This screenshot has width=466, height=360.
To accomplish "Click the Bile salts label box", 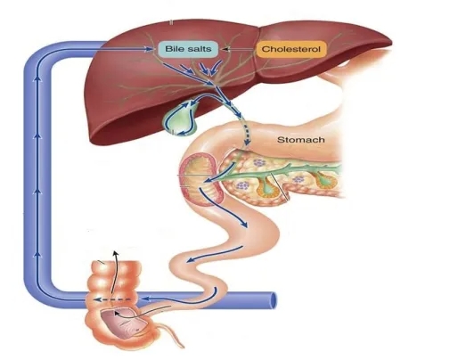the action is pyautogui.click(x=188, y=49).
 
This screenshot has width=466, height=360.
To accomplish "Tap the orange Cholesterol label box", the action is pyautogui.click(x=291, y=49).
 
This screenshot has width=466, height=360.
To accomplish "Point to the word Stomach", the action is pyautogui.click(x=301, y=140).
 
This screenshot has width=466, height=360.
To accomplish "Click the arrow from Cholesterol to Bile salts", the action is pyautogui.click(x=240, y=49).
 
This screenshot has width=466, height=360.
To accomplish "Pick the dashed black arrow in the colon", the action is pyautogui.click(x=112, y=299).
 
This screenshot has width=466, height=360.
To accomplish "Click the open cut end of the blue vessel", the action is pyautogui.click(x=274, y=301).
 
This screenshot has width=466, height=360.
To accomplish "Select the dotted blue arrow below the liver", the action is pyautogui.click(x=245, y=131).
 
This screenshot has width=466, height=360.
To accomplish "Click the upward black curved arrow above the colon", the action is pyautogui.click(x=114, y=275).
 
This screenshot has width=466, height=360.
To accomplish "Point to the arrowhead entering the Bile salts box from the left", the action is pyautogui.click(x=149, y=49).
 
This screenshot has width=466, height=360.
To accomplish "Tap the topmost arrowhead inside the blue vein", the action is pyautogui.click(x=37, y=78).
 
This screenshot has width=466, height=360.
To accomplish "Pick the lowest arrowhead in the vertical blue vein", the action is pyautogui.click(x=37, y=254).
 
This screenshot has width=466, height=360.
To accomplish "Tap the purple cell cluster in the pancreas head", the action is pyautogui.click(x=260, y=163).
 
